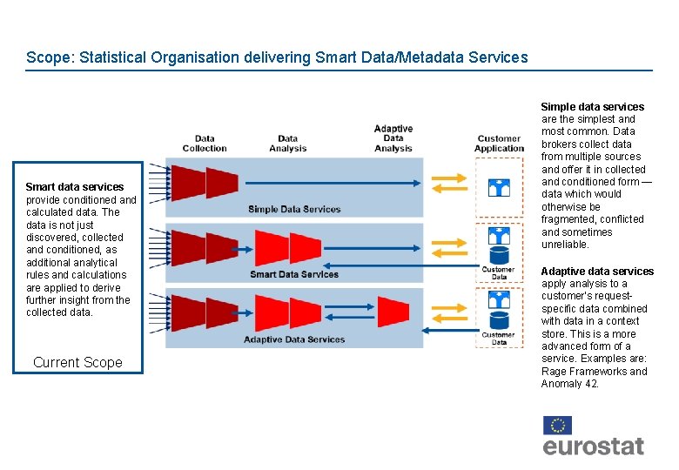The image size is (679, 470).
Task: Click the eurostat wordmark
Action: pos(594,446)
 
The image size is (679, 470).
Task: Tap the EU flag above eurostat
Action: pos(557,425)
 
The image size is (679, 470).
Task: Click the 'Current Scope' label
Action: pos(77,363)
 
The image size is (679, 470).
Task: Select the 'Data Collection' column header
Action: pos(205,143)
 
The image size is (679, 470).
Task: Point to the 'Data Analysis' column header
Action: pos(288,143)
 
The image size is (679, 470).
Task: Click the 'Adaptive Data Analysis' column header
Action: pos(393,138)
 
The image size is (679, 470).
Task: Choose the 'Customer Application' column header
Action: pos(499,143)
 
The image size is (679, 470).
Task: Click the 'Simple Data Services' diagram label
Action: pos(294,209)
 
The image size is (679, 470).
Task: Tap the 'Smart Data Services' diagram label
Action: pos(294,274)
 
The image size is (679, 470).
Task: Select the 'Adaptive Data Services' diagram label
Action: pos(294,339)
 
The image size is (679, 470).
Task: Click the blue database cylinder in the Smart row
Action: pos(499,255)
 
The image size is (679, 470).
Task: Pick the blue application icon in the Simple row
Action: pos(499,187)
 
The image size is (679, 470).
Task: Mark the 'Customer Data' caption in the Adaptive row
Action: pos(498,338)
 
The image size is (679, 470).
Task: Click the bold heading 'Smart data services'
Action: pos(75,187)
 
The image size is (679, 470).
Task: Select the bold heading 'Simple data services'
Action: pos(593,107)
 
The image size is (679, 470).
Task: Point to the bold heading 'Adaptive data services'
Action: pos(597,272)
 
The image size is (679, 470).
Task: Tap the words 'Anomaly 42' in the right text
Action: pos(569,384)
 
